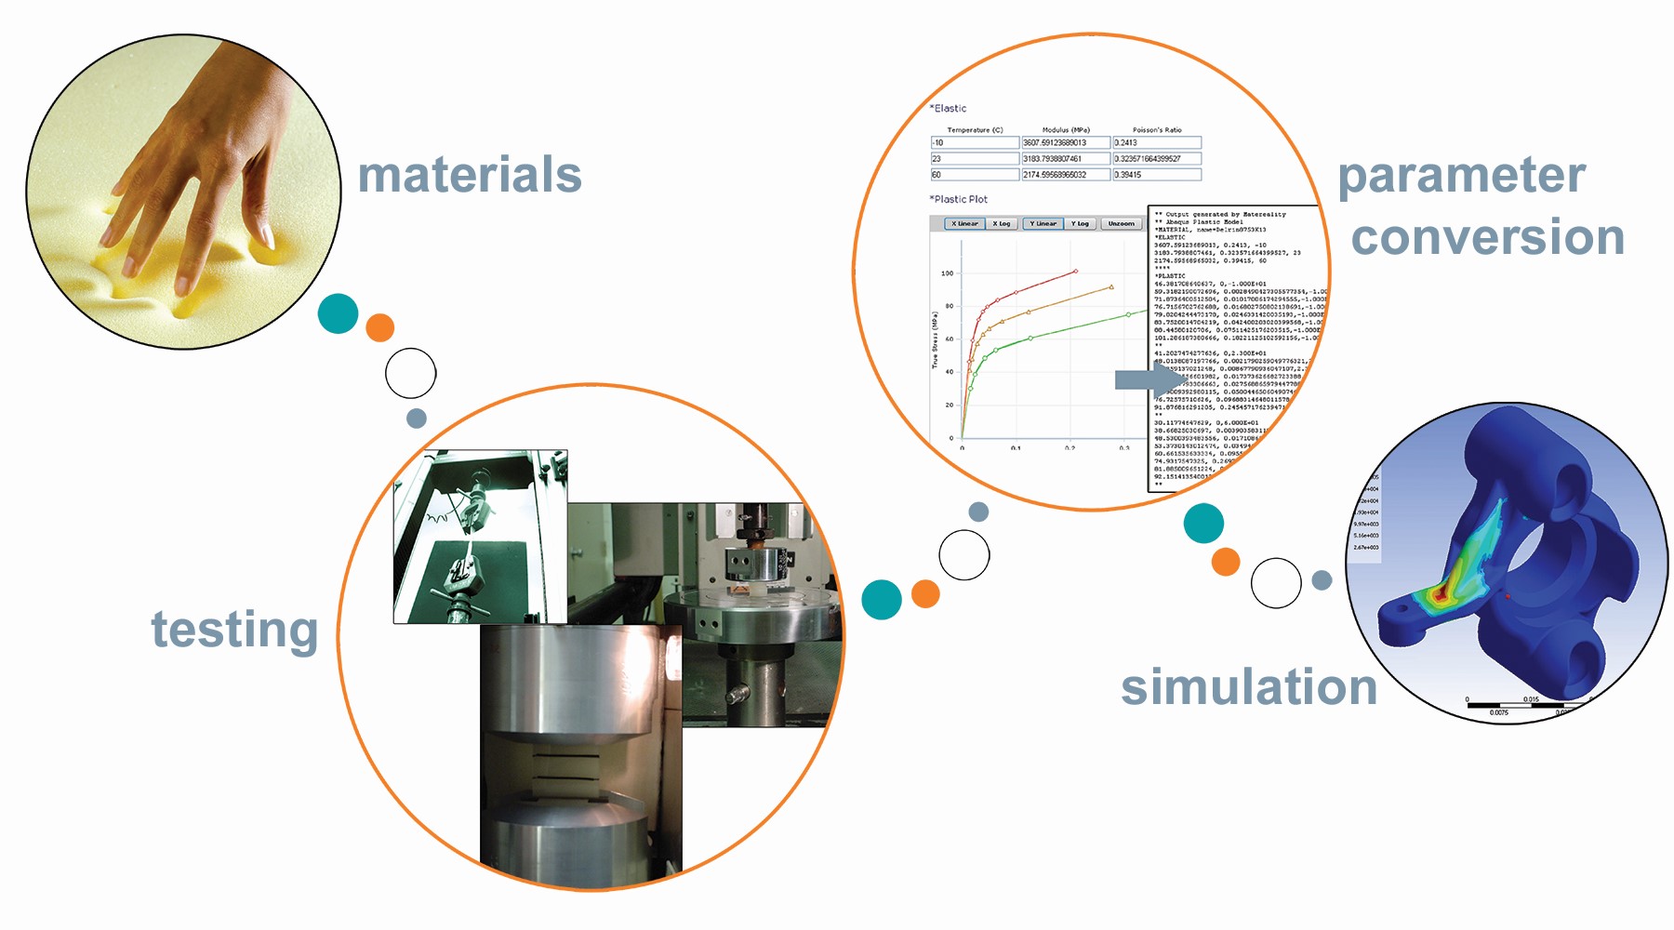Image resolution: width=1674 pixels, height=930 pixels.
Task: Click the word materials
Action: click(470, 176)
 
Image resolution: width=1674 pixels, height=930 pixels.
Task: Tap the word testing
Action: click(234, 631)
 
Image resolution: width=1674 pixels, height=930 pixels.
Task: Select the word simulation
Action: click(1248, 687)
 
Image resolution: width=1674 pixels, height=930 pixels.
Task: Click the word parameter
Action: click(1461, 177)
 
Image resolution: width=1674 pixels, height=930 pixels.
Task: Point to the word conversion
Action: click(1487, 237)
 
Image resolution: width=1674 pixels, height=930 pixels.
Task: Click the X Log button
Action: click(1001, 223)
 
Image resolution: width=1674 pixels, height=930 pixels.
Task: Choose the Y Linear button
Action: click(1043, 223)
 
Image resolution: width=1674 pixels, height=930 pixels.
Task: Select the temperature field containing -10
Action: click(974, 143)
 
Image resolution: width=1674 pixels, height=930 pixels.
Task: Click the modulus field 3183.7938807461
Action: click(1065, 159)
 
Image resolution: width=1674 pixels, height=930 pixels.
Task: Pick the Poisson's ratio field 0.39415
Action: click(1156, 175)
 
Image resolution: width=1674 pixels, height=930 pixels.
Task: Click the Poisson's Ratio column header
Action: click(1157, 130)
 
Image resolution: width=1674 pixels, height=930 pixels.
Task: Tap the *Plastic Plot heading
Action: click(959, 199)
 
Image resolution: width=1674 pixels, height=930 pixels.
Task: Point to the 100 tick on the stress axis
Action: click(947, 273)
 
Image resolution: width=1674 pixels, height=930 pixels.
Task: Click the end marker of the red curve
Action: click(1076, 272)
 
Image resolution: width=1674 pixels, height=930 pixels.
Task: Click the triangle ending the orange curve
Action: click(1111, 287)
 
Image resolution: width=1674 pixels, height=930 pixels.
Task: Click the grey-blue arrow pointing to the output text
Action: click(1149, 379)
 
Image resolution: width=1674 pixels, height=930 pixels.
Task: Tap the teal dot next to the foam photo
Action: click(338, 313)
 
